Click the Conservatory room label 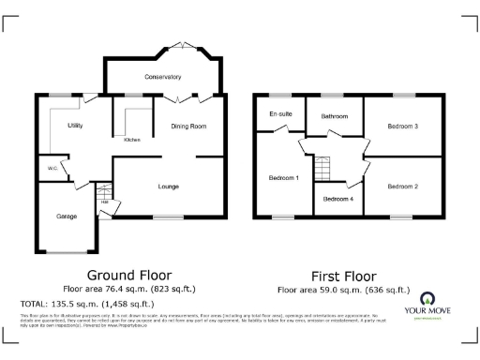pyautogui.click(x=163, y=76)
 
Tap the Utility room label pyautogui.click(x=76, y=125)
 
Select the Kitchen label pyautogui.click(x=132, y=140)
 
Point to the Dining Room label pyautogui.click(x=187, y=125)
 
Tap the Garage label pyautogui.click(x=66, y=217)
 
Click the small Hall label pyautogui.click(x=105, y=202)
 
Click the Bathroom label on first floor pyautogui.click(x=335, y=116)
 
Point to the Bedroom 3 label pyautogui.click(x=402, y=125)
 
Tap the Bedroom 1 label pyautogui.click(x=283, y=177)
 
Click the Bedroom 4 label pyautogui.click(x=337, y=198)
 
